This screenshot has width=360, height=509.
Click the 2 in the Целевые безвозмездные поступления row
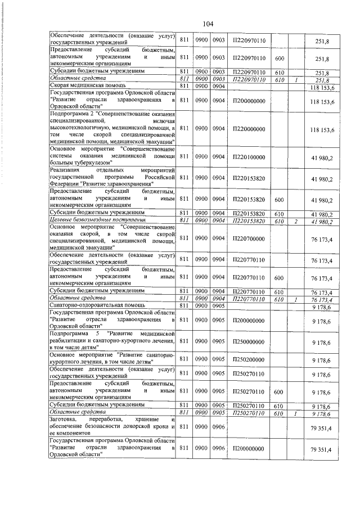point(295,221)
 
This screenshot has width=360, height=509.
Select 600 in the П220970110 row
point(278,58)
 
